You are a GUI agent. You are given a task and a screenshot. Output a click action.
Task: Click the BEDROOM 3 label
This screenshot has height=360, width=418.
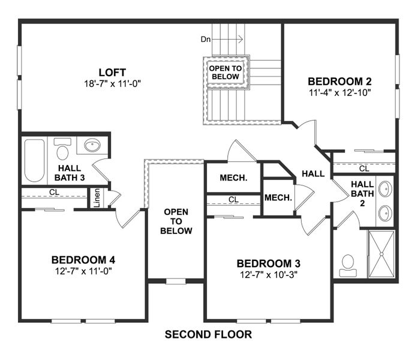click(x=268, y=263)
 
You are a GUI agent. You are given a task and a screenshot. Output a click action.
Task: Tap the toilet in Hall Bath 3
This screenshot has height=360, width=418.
click(x=62, y=148)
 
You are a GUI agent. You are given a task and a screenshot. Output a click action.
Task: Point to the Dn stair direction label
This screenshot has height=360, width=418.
click(x=206, y=40)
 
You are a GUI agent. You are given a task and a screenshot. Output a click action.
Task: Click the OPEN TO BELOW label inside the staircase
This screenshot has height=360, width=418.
click(x=225, y=73)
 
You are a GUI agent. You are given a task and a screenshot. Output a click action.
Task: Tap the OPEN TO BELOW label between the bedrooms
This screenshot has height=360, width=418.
click(x=176, y=221)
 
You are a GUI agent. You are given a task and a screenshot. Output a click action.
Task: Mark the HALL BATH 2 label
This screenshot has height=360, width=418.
click(x=362, y=194)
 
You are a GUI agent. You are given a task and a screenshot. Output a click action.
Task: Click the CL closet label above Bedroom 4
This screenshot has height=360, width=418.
click(x=53, y=193)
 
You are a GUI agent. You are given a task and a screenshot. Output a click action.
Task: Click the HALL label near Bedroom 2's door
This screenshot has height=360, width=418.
click(x=313, y=174)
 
